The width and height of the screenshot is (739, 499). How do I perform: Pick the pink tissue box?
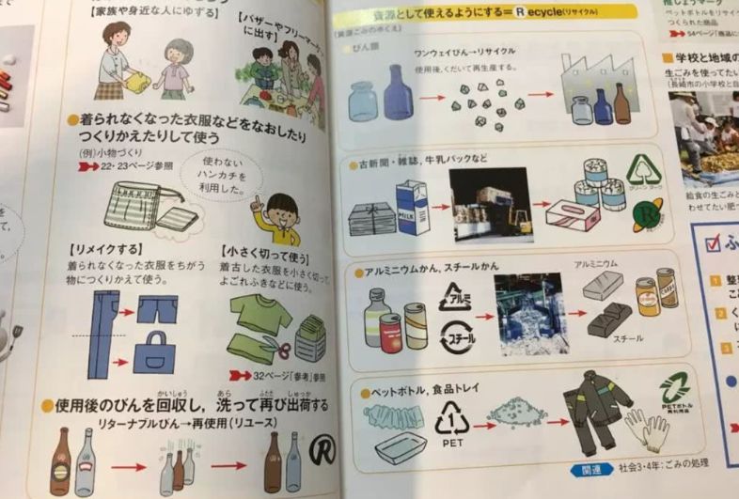[573, 213]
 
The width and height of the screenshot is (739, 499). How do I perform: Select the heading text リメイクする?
[102, 253]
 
